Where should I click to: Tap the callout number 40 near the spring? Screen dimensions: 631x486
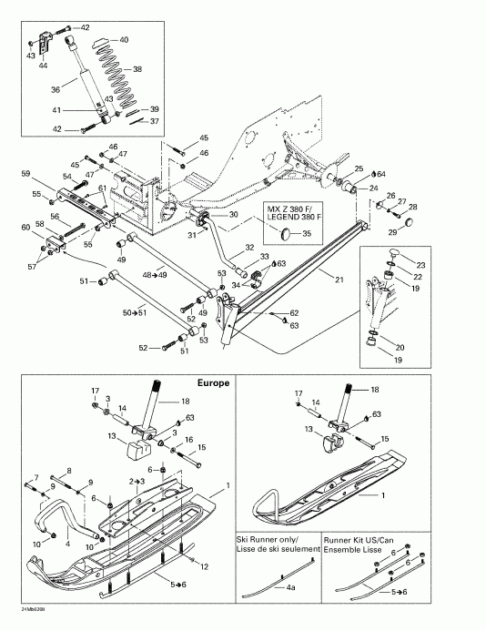click(x=124, y=40)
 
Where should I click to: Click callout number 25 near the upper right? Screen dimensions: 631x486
click(x=359, y=169)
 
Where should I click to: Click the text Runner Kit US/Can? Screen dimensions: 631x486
click(x=369, y=538)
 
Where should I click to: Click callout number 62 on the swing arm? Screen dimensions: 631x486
click(x=294, y=312)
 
